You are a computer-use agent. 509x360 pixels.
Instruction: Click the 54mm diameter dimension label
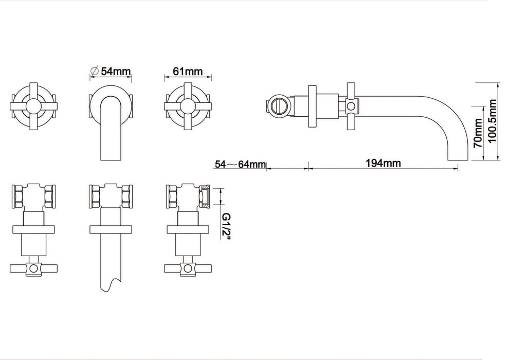click(x=116, y=71)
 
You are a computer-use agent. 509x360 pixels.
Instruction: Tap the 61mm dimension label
click(x=188, y=71)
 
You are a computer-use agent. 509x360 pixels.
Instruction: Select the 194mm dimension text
click(x=383, y=163)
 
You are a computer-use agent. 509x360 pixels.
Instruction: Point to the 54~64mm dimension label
click(x=240, y=164)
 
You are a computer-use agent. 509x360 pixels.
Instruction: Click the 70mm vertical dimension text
click(x=478, y=133)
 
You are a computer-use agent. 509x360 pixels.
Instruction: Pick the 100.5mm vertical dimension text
click(x=492, y=121)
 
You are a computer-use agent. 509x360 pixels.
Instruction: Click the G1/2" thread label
click(x=226, y=226)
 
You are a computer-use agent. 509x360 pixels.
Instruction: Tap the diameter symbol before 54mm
click(x=95, y=71)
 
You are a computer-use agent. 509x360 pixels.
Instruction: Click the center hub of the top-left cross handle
click(x=34, y=106)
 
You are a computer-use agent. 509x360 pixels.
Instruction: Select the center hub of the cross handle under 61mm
click(x=188, y=106)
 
